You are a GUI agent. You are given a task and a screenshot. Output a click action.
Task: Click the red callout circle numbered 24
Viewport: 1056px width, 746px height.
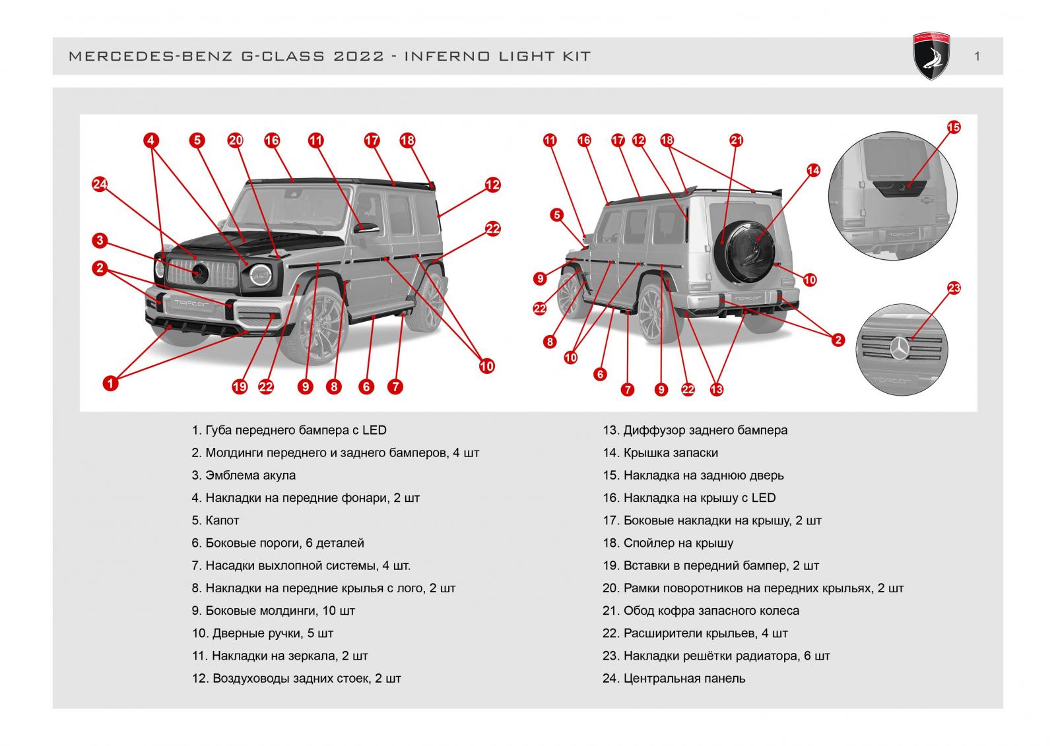coord(100,184)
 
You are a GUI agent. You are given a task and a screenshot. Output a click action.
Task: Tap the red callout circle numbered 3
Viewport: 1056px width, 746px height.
coord(100,240)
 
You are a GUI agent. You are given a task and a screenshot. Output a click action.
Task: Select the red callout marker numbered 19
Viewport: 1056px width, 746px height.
coord(240,387)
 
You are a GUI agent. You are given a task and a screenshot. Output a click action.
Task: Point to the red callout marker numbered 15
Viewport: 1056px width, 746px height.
coord(954,127)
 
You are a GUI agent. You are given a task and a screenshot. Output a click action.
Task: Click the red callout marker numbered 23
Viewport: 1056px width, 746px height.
coord(954,288)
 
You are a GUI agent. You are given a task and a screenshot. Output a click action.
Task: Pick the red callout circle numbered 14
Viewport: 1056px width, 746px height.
coord(813,170)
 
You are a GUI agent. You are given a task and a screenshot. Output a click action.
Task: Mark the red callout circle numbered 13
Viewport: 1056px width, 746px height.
coord(717,389)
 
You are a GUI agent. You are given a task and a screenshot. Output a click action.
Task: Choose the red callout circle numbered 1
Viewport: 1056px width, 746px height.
coord(110,383)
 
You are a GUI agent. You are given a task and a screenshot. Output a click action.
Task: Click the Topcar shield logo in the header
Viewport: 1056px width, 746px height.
coord(931,56)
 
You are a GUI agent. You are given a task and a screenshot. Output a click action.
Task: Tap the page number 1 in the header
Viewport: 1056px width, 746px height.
coord(977,57)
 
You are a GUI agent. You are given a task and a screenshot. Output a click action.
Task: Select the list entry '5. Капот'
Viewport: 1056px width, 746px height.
coord(215,520)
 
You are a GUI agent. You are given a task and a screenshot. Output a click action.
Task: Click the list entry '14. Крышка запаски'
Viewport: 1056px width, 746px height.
coord(660,452)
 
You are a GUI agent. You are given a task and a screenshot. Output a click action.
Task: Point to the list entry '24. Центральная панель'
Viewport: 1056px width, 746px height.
coord(674,678)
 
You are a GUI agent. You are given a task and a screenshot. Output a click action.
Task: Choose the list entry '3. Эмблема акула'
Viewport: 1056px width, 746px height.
coord(244,475)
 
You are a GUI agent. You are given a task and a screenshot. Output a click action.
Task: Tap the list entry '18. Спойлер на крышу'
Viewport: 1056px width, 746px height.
coord(668,543)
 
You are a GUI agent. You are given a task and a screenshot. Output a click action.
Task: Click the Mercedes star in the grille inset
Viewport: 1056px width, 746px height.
coord(900,349)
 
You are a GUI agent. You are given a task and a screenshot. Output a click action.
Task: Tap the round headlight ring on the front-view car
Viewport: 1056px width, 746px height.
coord(260,275)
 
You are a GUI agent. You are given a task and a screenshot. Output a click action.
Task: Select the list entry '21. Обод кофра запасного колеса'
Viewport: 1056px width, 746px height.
coord(700,610)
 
